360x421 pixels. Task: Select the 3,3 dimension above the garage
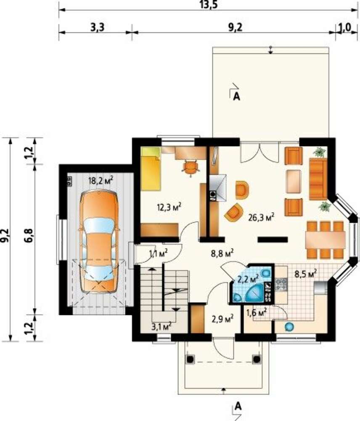pos(97,27)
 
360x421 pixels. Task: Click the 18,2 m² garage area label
pos(101,181)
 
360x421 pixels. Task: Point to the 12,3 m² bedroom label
pos(169,207)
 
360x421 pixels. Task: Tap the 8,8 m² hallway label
pos(222,253)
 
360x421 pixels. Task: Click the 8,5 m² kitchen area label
pos(306,274)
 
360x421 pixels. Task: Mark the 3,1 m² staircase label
pos(161,327)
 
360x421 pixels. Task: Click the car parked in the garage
pos(99,241)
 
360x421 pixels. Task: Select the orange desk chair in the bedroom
pos(190,168)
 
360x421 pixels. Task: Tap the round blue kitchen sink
pos(289,327)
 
